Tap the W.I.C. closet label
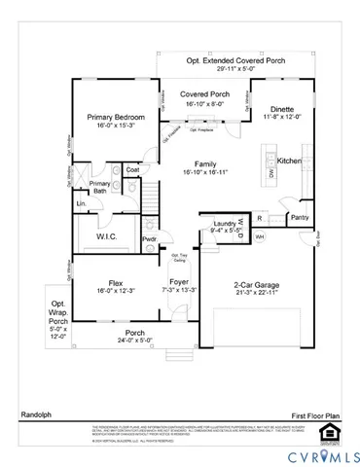107,236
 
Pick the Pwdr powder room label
150,239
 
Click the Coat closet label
132,170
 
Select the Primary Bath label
100,187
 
